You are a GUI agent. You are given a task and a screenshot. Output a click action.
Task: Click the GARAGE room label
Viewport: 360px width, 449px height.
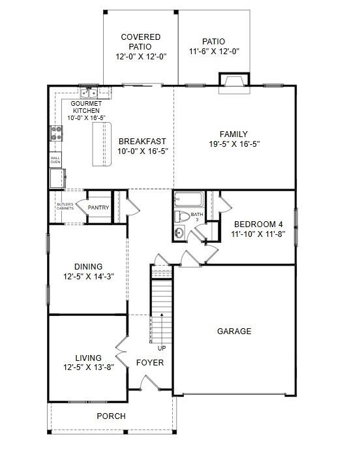coord(233,332)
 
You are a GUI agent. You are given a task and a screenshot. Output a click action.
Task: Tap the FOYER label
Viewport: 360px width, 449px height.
coord(150,363)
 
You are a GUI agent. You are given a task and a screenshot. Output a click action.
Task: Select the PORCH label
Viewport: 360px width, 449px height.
coord(111,416)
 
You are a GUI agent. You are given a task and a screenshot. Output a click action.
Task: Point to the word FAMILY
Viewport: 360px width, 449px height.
coord(233,134)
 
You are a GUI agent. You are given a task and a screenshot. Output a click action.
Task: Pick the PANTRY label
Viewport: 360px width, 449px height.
coord(98,208)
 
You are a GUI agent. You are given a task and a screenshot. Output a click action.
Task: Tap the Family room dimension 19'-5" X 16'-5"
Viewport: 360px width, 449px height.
coord(233,144)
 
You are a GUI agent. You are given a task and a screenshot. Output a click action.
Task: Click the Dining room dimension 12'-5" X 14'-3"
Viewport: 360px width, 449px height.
coord(88,276)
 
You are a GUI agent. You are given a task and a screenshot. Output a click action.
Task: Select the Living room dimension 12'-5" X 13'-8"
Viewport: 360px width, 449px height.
coord(88,367)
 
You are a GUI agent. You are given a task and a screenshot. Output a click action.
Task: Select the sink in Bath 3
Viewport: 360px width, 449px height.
coord(180,232)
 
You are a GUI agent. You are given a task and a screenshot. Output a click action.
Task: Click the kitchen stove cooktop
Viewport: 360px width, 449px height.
coord(56,134)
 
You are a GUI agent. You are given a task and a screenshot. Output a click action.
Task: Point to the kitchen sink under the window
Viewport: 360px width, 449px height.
coord(89,93)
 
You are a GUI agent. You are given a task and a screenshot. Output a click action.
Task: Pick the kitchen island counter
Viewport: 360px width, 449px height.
coord(101,144)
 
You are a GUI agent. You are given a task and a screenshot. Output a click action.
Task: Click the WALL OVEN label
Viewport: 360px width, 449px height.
coord(55,159)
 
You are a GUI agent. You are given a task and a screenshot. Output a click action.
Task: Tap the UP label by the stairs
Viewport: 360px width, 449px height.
coord(161,348)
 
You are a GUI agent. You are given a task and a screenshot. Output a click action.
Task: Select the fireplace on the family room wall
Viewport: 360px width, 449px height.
coord(233,82)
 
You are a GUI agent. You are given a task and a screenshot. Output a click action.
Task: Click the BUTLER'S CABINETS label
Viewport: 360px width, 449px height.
coord(64,208)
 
